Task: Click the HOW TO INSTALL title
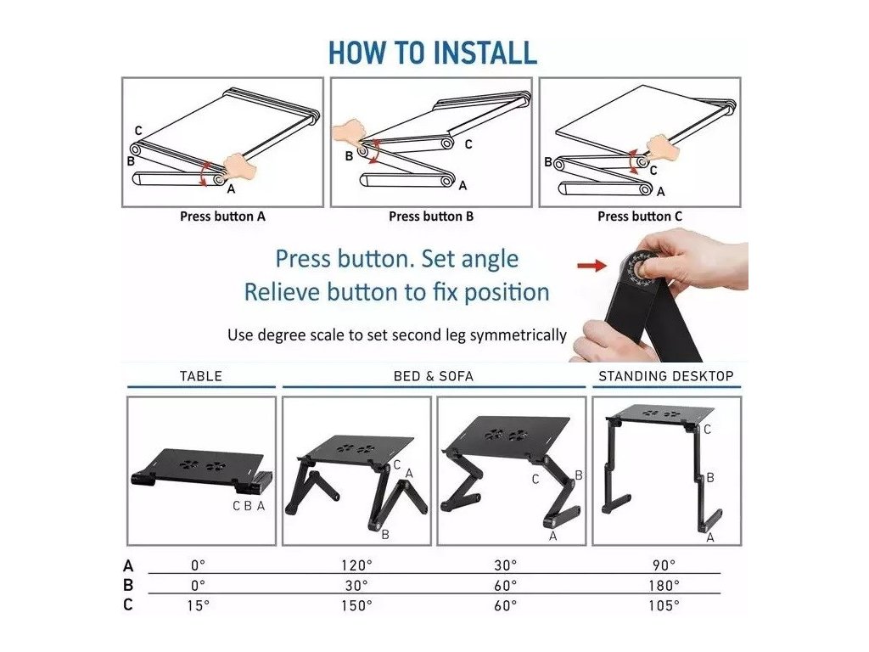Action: [x=433, y=53]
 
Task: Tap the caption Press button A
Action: [x=223, y=216]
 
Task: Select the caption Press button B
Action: [x=431, y=216]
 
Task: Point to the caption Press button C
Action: [x=640, y=216]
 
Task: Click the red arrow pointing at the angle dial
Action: [x=591, y=266]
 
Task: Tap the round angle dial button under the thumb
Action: [x=643, y=270]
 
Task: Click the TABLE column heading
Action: [x=200, y=376]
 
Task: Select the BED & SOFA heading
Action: [x=434, y=376]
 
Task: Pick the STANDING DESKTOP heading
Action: [x=666, y=376]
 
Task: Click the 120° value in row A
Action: [x=356, y=565]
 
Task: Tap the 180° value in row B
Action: [x=664, y=586]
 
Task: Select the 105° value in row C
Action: [x=664, y=605]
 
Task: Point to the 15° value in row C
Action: [x=199, y=605]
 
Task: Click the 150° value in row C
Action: [x=356, y=605]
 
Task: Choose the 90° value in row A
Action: [x=664, y=565]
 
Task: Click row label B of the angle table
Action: [x=128, y=586]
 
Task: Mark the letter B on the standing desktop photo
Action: [x=710, y=477]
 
